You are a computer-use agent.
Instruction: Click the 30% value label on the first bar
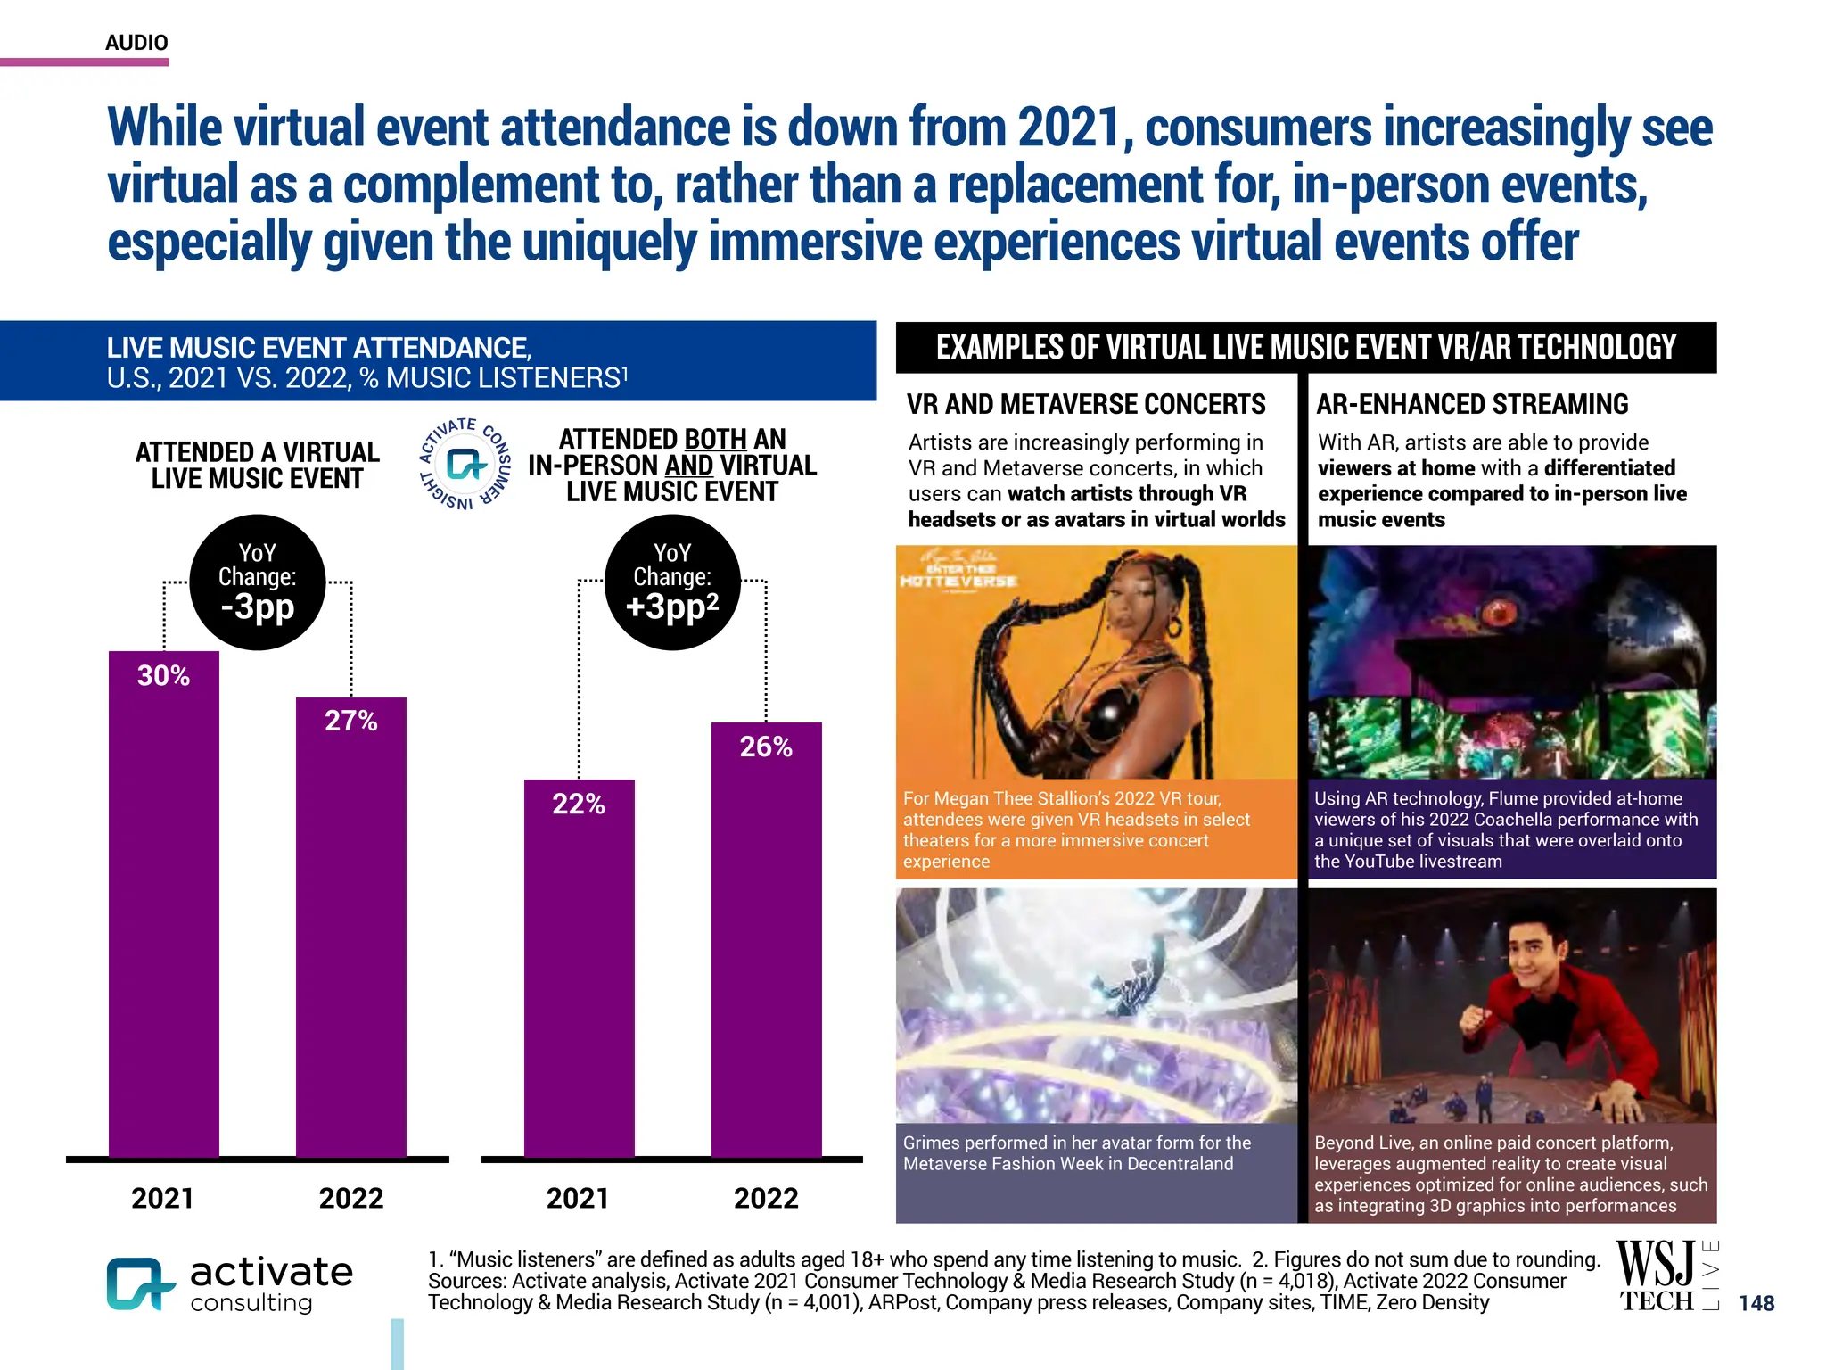coord(163,676)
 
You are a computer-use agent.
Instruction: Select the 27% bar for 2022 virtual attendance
coord(350,928)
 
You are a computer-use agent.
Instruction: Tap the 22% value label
coord(578,805)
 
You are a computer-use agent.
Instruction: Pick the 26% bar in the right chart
coord(766,945)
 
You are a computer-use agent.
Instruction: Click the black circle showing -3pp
coord(257,582)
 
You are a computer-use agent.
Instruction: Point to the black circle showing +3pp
coord(671,582)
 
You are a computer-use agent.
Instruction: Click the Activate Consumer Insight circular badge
coord(465,464)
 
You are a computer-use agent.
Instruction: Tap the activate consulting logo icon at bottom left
coord(139,1284)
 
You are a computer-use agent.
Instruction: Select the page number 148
coord(1756,1303)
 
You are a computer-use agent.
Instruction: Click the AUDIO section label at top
coord(136,43)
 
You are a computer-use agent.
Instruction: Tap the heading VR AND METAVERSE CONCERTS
coord(1086,405)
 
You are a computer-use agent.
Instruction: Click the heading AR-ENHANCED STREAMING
coord(1472,405)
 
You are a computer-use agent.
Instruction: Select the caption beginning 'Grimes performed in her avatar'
coord(1076,1153)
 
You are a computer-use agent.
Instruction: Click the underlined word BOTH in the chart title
coord(715,440)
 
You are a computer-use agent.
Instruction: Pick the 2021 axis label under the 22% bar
coord(578,1198)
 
